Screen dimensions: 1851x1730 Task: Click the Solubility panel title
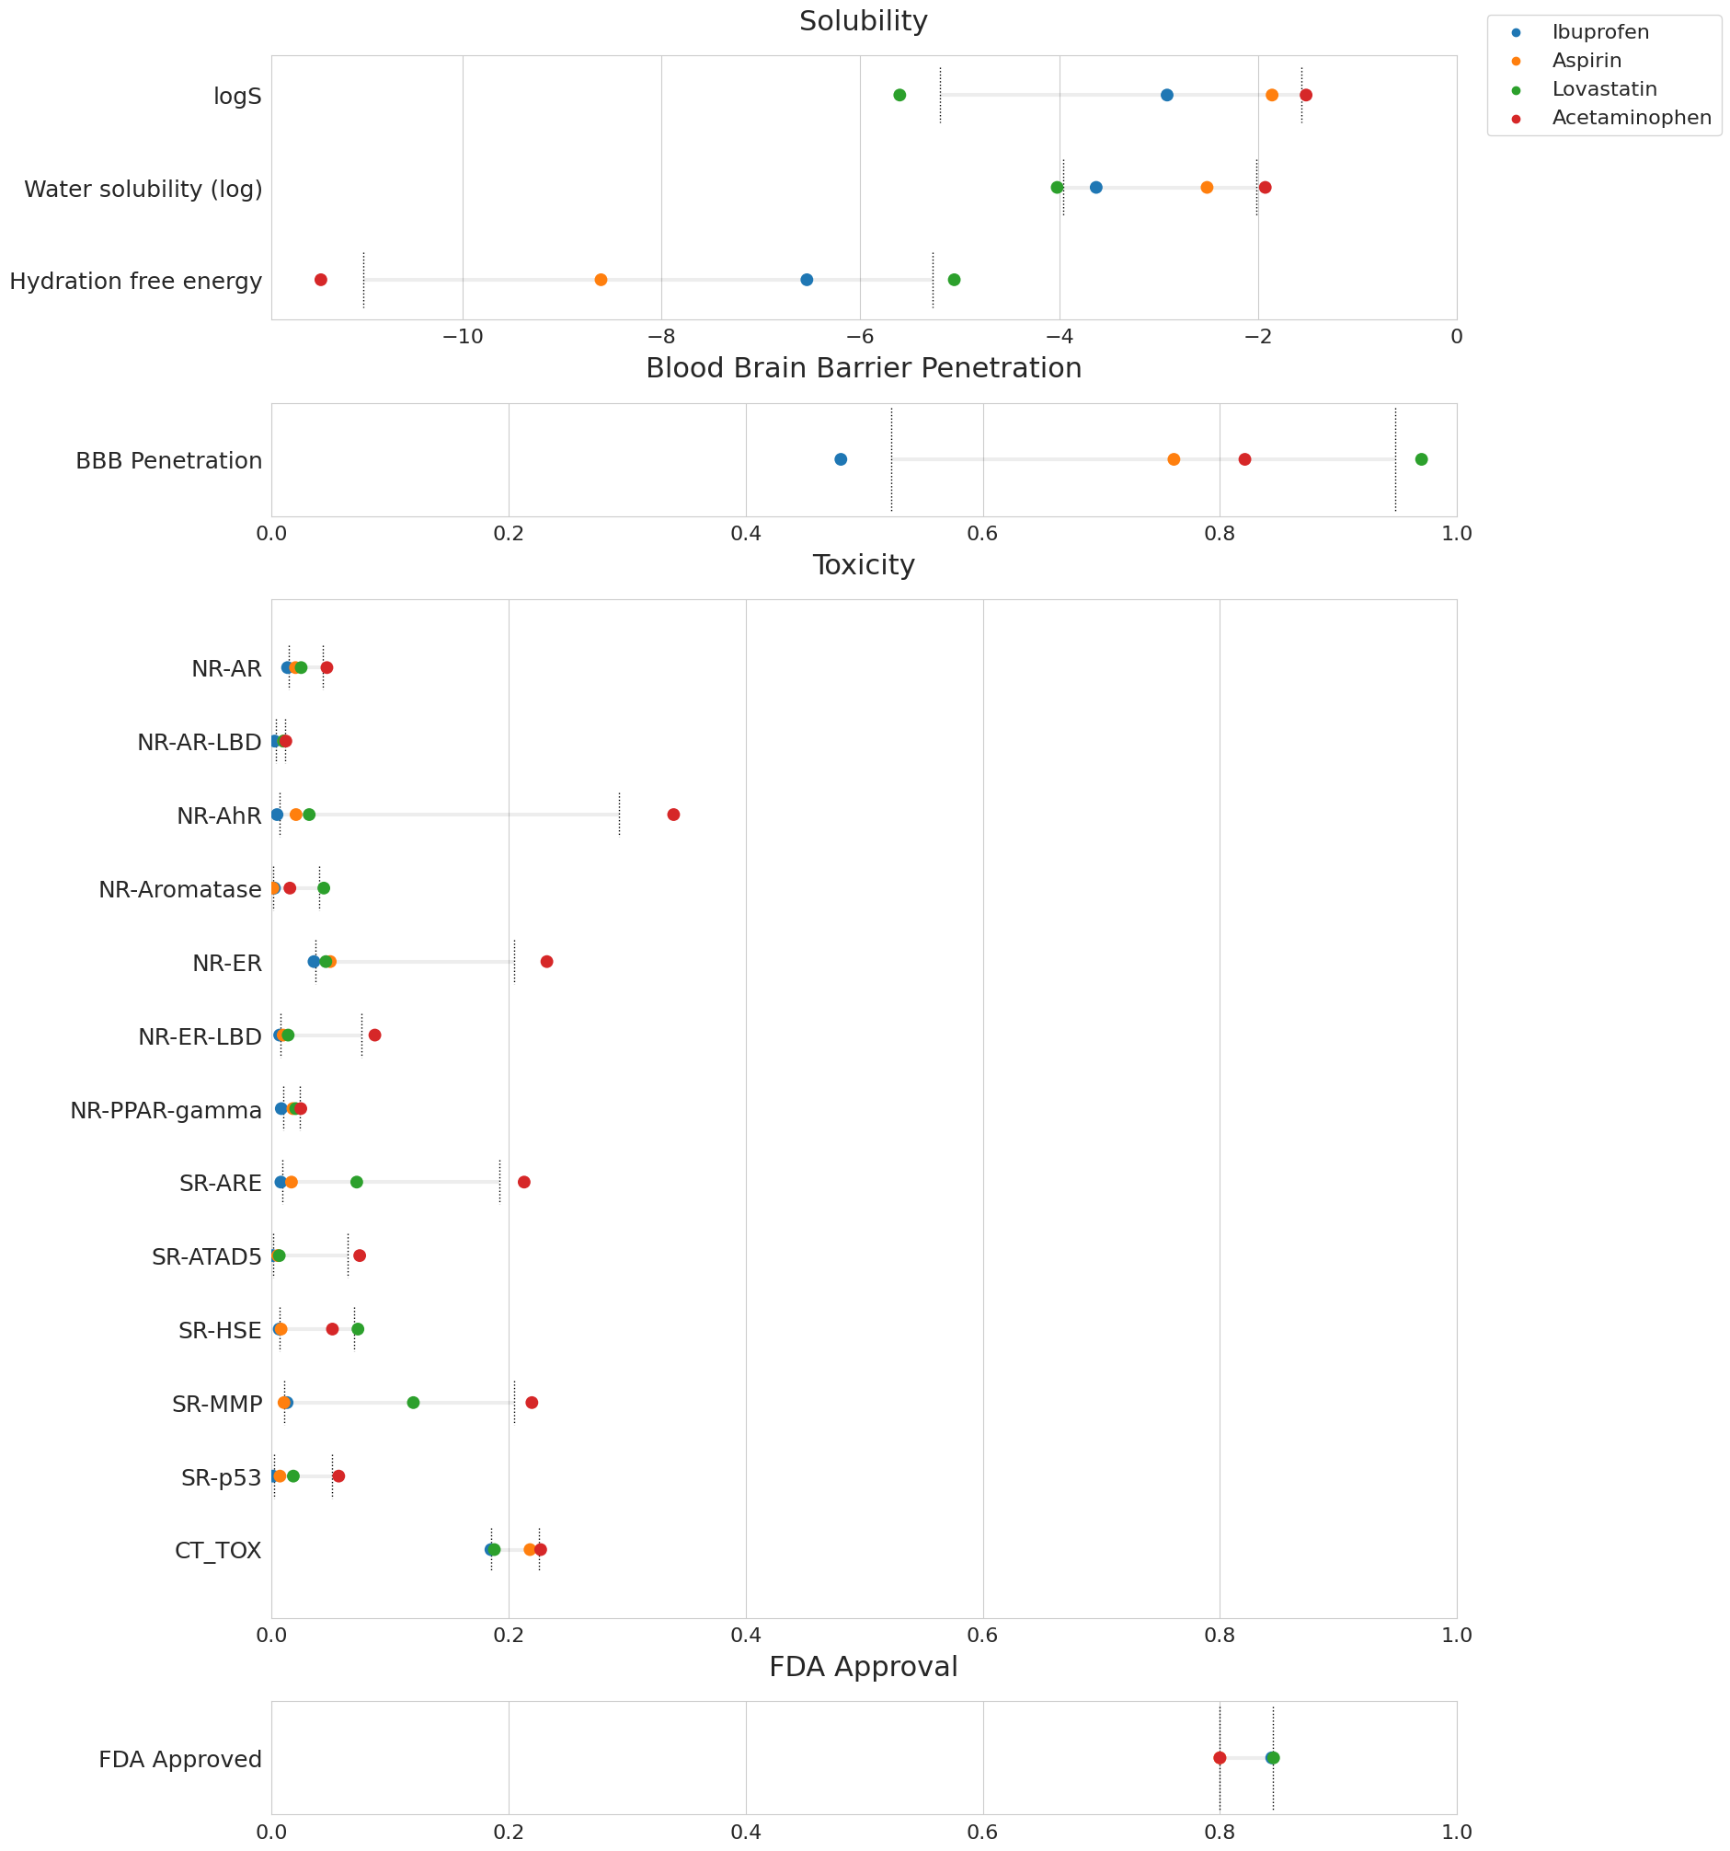point(863,21)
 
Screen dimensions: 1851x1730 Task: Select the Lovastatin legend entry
point(1603,89)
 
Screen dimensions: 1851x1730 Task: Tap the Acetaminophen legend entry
point(1631,118)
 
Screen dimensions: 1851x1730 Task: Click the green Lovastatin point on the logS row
point(899,95)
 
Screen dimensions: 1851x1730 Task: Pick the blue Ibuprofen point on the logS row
point(1166,95)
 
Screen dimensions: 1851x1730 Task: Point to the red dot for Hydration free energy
point(321,280)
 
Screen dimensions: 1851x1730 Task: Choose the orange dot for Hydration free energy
point(601,280)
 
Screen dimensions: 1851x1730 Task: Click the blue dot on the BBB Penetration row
point(841,459)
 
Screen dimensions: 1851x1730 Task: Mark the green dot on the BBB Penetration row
point(1420,459)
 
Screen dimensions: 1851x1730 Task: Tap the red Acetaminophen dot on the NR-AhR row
point(673,815)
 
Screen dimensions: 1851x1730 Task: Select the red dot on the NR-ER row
point(546,962)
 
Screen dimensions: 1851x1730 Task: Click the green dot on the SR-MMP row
point(413,1403)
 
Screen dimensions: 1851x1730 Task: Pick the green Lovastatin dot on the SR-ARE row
point(357,1183)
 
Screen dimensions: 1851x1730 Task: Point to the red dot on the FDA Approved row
point(1220,1758)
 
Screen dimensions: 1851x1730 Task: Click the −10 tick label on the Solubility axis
point(463,337)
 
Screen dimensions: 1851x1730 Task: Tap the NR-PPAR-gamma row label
point(166,1111)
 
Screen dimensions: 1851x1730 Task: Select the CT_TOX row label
point(218,1551)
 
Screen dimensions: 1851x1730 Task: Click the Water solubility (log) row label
point(143,189)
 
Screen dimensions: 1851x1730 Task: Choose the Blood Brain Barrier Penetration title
point(863,369)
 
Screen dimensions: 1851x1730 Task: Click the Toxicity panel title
point(863,565)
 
